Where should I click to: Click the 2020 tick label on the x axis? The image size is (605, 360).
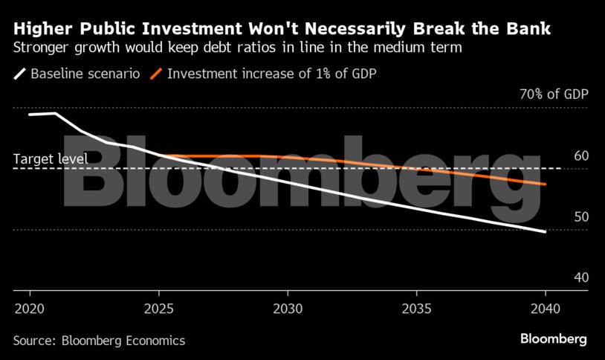30,308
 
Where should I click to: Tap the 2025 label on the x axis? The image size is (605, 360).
158,308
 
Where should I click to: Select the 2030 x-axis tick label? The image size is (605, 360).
288,308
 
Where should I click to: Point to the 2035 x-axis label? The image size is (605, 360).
416,308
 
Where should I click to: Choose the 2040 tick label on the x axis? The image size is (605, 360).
546,308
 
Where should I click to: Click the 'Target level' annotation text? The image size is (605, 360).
51,158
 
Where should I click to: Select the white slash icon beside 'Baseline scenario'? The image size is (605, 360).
20,74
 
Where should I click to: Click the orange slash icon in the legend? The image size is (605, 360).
155,74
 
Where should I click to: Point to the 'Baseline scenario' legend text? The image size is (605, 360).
84,74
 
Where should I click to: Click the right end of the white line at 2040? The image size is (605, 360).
546,231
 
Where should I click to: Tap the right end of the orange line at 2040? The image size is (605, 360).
546,184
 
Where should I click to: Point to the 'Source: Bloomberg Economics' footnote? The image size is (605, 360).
99,341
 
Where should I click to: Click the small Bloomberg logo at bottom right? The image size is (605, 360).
553,339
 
